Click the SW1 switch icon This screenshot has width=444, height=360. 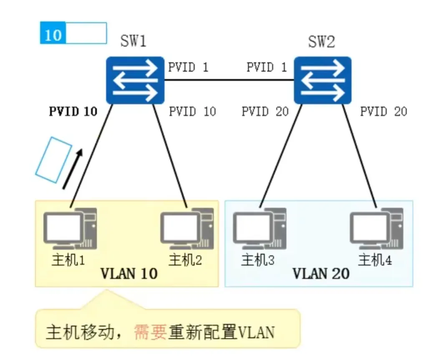(134, 80)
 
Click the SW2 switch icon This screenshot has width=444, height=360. (322, 80)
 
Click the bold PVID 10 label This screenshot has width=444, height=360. (73, 112)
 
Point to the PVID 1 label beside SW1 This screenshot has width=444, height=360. (188, 67)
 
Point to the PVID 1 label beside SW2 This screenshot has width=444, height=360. (266, 67)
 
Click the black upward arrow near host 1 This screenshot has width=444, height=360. (73, 169)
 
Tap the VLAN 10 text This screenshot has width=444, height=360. (129, 274)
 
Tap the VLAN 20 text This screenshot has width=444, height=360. (320, 274)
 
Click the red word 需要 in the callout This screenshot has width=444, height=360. (150, 332)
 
